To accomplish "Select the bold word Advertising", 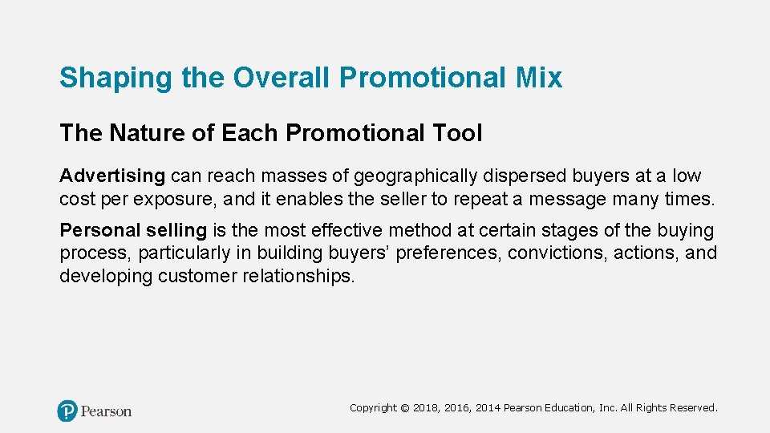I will [x=112, y=176].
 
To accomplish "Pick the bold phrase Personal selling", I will [x=133, y=231].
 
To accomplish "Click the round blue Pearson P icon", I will [x=67, y=411].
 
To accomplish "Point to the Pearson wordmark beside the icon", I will [x=106, y=411].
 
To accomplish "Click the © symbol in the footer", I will [x=405, y=408].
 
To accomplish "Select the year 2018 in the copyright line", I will [x=426, y=408].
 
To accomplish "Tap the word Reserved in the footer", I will [x=694, y=408].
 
